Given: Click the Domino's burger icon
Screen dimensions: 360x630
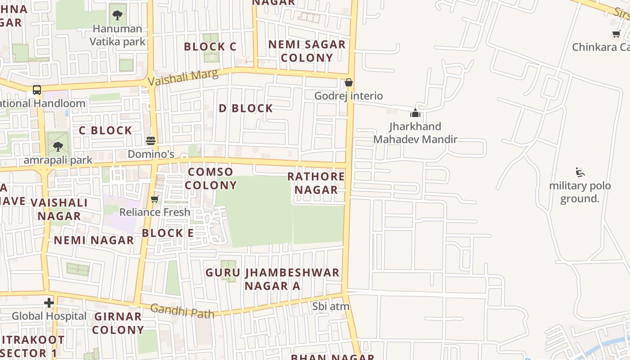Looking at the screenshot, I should tap(151, 141).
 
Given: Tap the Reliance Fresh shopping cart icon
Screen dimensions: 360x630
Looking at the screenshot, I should tap(155, 199).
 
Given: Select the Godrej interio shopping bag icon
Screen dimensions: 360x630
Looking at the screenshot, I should tap(348, 83).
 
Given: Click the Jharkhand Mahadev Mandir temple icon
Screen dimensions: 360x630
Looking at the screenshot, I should tap(415, 113).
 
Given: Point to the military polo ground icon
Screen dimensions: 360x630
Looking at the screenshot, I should tap(580, 172).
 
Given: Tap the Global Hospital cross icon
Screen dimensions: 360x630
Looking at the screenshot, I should tap(49, 303).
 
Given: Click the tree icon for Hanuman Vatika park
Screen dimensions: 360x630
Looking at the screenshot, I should tap(117, 16).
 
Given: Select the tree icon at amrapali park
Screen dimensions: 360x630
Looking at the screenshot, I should tap(58, 147).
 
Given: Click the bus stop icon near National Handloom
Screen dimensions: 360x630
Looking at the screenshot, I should tap(37, 90).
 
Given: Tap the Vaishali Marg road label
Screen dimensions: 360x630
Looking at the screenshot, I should tap(183, 77).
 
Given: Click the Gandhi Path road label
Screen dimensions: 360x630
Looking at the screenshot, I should tap(182, 310).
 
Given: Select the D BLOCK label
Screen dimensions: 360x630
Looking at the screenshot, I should tap(246, 108).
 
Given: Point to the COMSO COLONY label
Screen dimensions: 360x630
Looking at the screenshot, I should tap(211, 179).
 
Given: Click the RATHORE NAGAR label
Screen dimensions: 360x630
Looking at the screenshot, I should tap(316, 183).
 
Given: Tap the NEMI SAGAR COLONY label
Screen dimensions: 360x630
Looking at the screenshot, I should tap(307, 51).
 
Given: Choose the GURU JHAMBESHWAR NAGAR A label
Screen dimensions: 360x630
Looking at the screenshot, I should tap(272, 279).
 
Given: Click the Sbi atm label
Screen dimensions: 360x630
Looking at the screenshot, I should tap(331, 306).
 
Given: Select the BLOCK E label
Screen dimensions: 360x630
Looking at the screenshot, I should tap(168, 233).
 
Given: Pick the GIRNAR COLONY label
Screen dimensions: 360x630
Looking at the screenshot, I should tap(118, 323).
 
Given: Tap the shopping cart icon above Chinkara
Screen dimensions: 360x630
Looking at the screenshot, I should tap(616, 34).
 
